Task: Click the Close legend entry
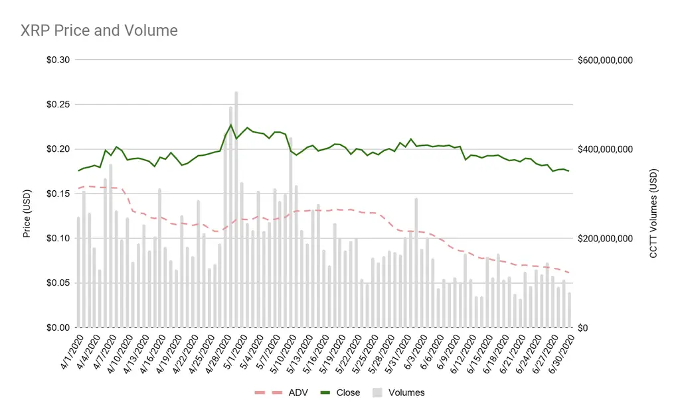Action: [x=348, y=392]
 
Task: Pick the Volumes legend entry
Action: [x=406, y=392]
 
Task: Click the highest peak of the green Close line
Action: [x=231, y=125]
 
